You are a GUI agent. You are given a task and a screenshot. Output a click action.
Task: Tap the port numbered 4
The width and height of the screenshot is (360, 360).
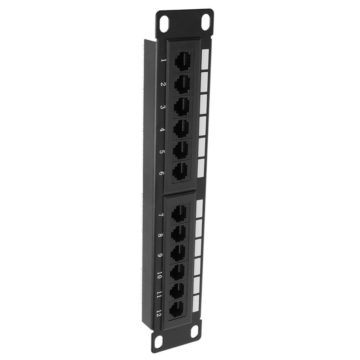click(x=182, y=127)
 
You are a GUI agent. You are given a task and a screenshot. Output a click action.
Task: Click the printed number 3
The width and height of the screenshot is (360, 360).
click(x=163, y=108)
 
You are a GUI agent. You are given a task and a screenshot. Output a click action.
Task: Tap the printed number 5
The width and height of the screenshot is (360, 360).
click(x=162, y=152)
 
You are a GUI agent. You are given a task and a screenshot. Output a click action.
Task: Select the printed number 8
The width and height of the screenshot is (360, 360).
click(x=161, y=237)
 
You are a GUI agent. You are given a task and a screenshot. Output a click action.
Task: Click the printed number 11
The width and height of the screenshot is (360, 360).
click(x=159, y=295)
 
